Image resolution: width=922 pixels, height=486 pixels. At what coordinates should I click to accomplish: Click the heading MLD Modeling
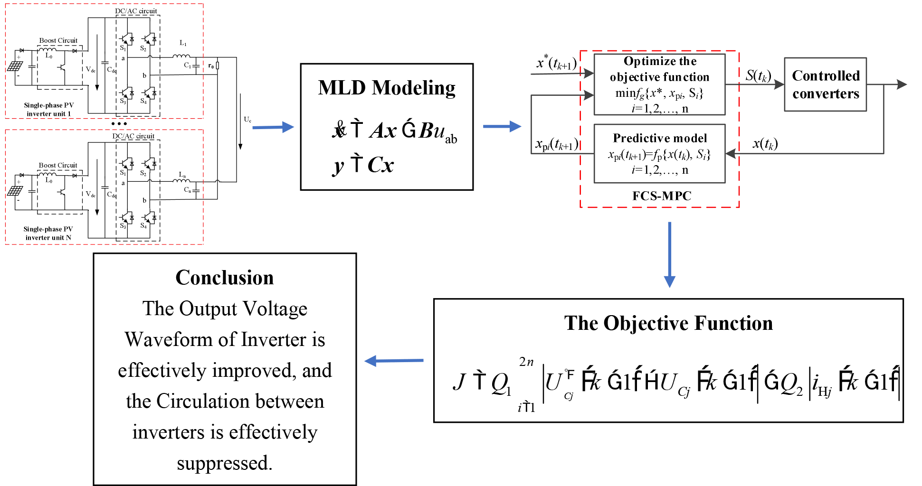[387, 88]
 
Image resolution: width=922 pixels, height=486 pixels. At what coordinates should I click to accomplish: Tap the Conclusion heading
[225, 278]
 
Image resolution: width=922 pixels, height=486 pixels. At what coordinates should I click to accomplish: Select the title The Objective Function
[668, 323]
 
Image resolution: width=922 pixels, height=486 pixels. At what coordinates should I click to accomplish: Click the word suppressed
[225, 463]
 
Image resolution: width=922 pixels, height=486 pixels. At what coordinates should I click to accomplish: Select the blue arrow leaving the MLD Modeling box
[502, 127]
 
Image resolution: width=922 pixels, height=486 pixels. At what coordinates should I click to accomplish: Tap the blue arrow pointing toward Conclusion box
[393, 361]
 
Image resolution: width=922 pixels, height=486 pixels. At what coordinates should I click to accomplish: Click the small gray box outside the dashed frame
[826, 84]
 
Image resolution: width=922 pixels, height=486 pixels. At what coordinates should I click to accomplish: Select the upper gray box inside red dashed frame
[659, 84]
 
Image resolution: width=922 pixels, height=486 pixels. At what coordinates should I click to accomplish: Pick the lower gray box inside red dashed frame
[659, 153]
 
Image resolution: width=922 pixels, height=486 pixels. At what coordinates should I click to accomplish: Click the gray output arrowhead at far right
[901, 84]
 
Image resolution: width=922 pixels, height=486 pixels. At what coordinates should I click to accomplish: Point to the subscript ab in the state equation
[451, 139]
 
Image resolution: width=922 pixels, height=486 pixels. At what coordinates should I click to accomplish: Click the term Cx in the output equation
[380, 165]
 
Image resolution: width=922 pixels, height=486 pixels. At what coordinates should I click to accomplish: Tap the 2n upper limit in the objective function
[526, 362]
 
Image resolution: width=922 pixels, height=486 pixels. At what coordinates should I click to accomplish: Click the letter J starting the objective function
[459, 382]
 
